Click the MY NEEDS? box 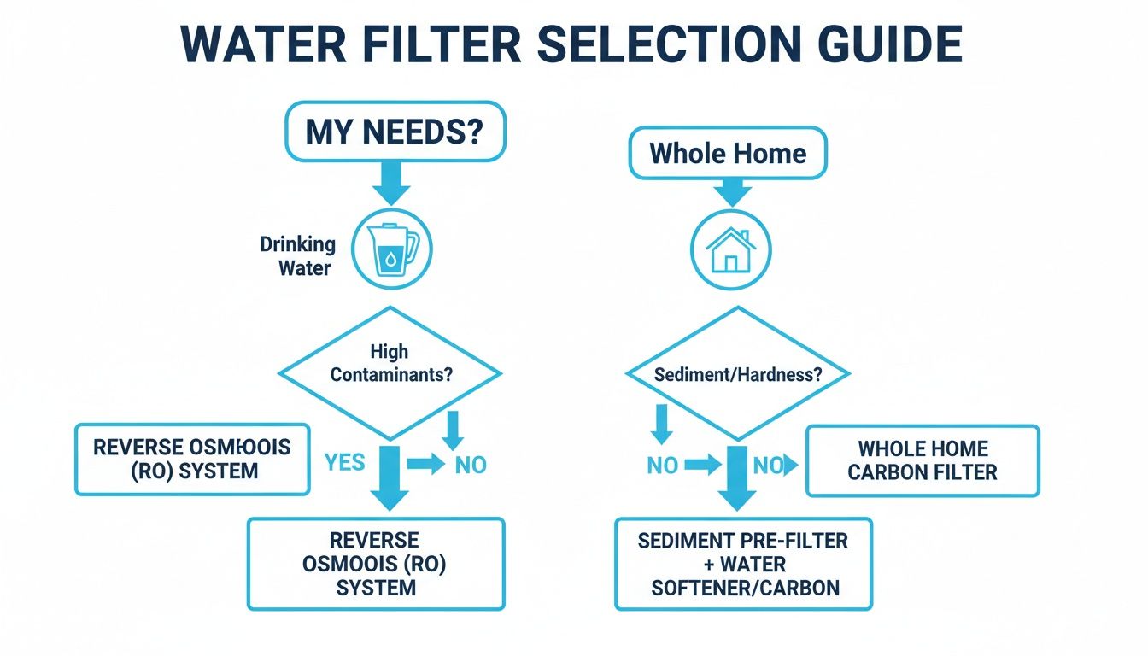(395, 132)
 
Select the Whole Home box (728, 153)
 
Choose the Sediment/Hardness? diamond (738, 374)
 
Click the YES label (345, 463)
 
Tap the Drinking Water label (297, 255)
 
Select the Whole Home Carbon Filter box (922, 460)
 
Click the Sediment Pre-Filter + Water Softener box (743, 563)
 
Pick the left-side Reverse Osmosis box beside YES (192, 459)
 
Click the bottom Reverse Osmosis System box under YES (376, 563)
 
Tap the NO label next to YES (470, 465)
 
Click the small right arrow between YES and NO (425, 464)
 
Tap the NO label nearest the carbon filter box (768, 465)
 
